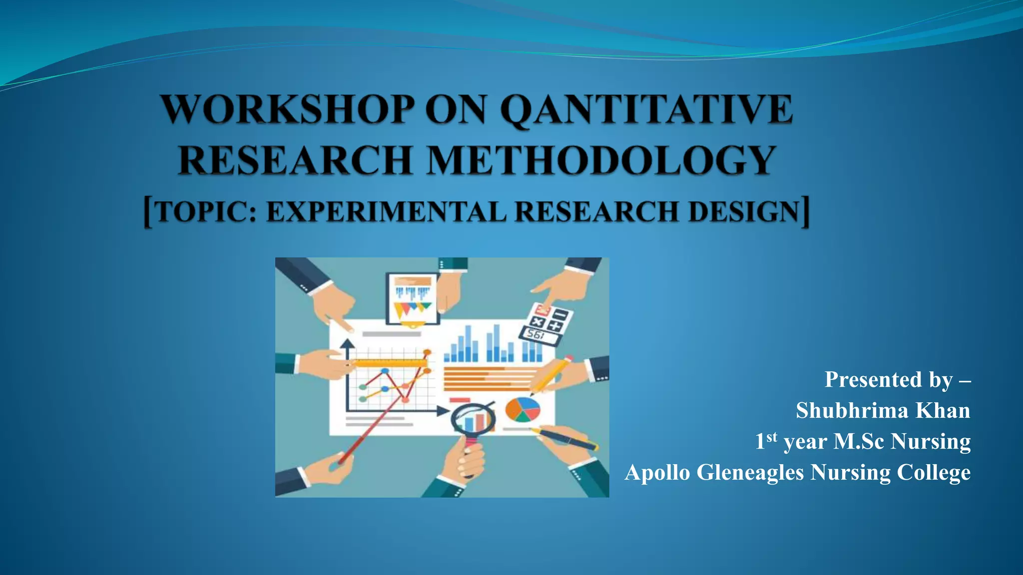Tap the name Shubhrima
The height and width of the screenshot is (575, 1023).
(852, 410)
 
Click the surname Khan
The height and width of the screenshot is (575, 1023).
(943, 410)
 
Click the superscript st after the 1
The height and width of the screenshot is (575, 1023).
(772, 437)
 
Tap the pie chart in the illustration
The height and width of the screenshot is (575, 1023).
(522, 410)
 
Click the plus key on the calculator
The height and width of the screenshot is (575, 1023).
(555, 326)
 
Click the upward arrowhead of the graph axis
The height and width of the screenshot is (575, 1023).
(347, 343)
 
